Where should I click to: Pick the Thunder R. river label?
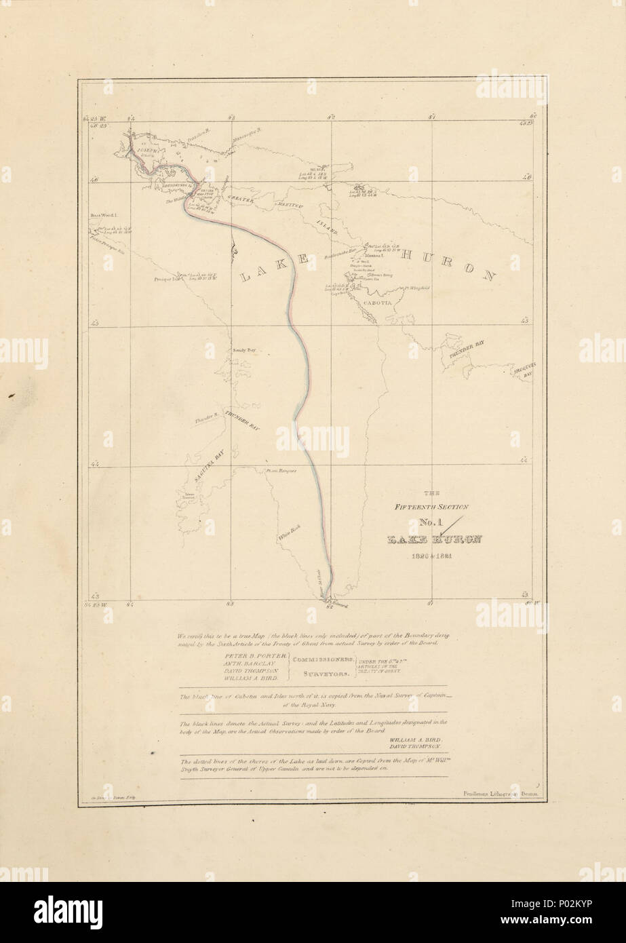pyautogui.click(x=205, y=421)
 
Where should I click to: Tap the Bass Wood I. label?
pyautogui.click(x=104, y=215)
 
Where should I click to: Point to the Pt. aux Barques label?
pyautogui.click(x=282, y=469)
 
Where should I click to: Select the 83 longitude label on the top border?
pyautogui.click(x=231, y=117)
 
